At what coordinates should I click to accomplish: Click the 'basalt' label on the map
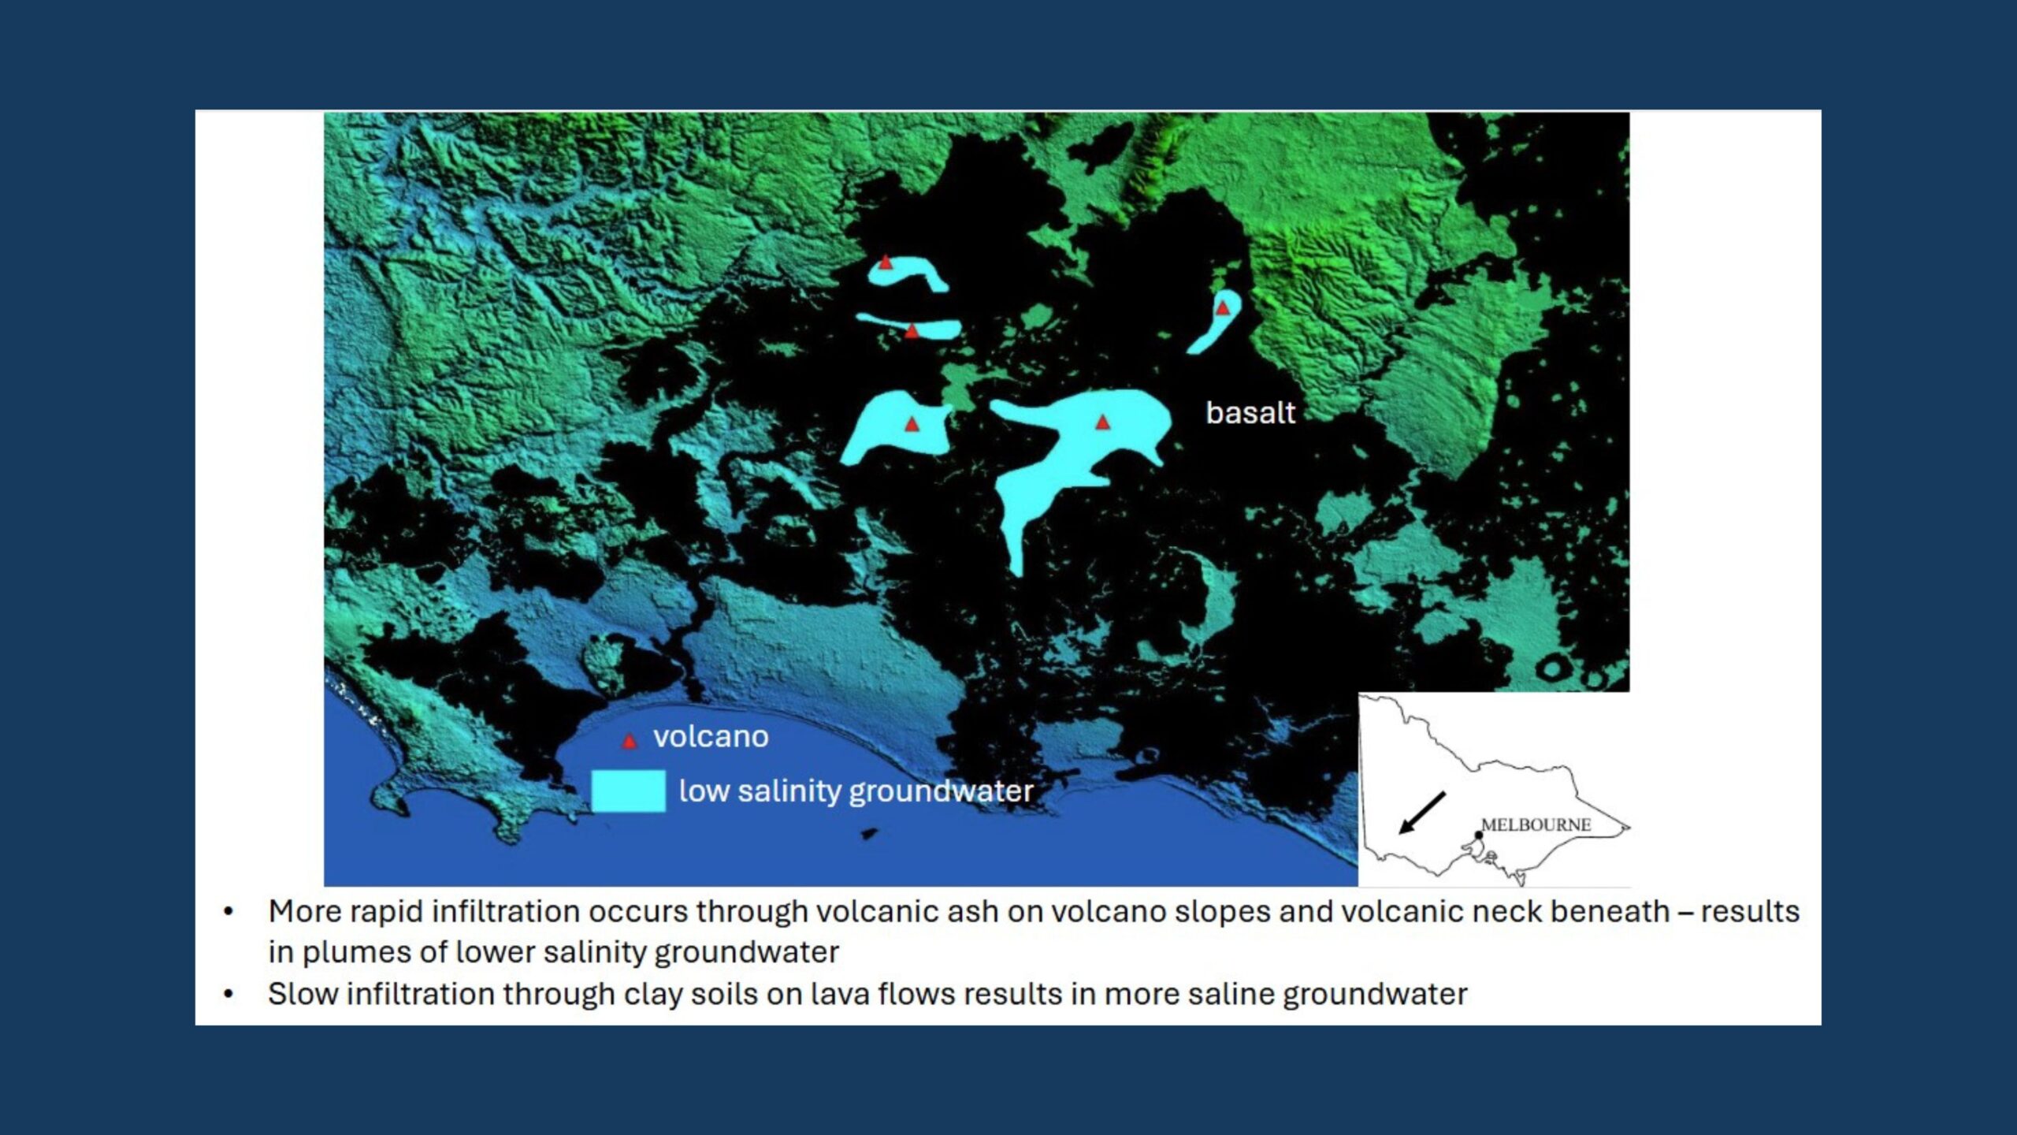(1250, 413)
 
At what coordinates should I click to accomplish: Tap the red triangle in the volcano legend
(629, 741)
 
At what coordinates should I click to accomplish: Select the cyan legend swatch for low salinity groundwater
(629, 791)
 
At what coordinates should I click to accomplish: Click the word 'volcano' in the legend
(711, 737)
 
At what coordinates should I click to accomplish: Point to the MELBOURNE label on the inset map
(1536, 824)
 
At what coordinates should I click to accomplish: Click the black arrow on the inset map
(1421, 813)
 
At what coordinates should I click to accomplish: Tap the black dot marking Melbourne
(1478, 835)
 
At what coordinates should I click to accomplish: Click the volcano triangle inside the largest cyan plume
(1103, 422)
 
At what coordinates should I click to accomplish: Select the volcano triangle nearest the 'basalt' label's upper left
(1222, 307)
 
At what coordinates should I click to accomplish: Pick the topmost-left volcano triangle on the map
(886, 262)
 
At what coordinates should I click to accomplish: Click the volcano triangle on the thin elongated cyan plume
(912, 330)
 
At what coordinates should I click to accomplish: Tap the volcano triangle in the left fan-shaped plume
(912, 424)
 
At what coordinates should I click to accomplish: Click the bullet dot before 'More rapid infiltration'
(228, 912)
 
